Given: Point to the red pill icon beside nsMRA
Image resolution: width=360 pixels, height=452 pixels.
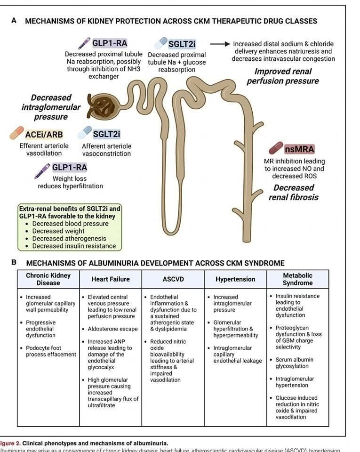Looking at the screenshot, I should (276, 148).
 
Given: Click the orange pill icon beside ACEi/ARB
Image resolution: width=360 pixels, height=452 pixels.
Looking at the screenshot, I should (16, 133).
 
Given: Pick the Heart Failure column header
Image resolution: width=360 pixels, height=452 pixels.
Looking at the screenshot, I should (111, 279).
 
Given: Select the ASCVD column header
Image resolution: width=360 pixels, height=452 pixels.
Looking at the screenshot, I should (173, 279).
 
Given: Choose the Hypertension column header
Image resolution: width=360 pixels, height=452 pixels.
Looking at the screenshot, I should (235, 279).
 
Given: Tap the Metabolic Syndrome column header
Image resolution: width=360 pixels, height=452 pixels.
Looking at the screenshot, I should (297, 279).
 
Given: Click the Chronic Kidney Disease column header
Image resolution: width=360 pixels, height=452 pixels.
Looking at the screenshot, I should (48, 279).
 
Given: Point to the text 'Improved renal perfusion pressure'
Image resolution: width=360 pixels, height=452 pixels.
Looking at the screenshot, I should (282, 76).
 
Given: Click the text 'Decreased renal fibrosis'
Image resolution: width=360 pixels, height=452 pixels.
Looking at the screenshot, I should (293, 193).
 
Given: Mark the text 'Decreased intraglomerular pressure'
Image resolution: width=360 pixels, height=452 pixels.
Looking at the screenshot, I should (51, 107).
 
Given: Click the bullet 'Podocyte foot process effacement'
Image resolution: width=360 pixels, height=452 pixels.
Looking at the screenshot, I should (50, 351).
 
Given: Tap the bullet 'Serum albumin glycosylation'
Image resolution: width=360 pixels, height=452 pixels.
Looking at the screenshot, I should (294, 363).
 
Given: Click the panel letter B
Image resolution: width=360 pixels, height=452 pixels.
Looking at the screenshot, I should (15, 262).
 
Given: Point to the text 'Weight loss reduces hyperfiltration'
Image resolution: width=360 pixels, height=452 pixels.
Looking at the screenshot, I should (70, 182).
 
